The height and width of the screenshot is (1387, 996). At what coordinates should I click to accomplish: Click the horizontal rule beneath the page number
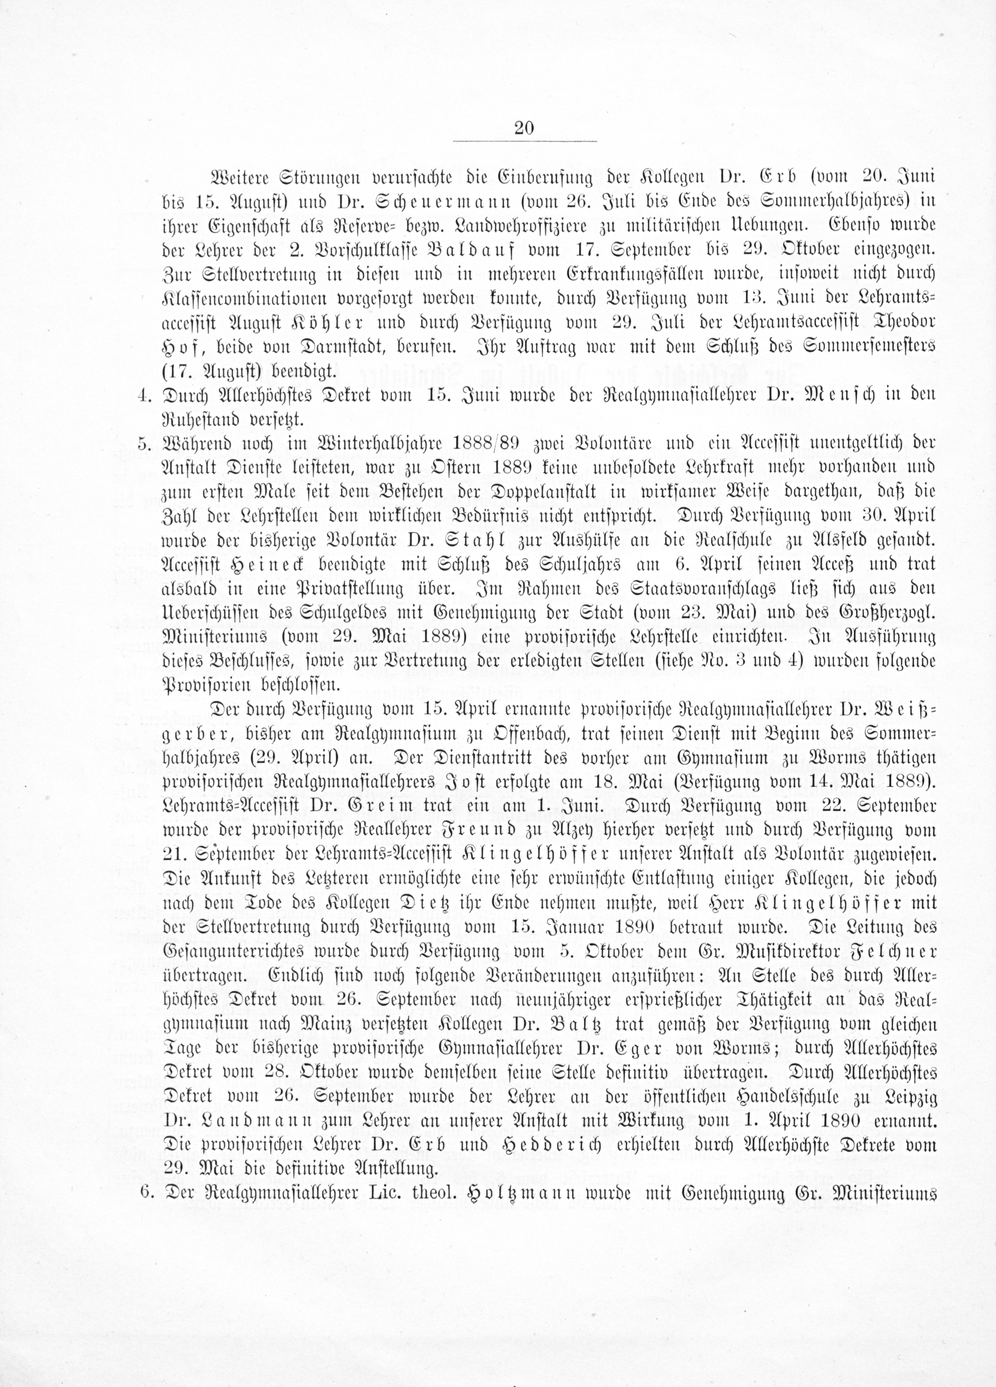(524, 142)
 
